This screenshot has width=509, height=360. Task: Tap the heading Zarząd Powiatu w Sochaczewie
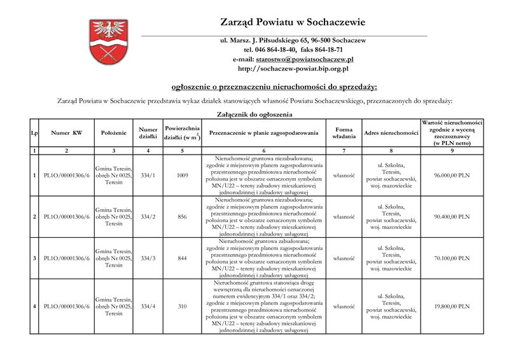coord(293,22)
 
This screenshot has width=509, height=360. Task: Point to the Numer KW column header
coord(67,133)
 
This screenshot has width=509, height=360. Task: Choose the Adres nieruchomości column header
coord(391,133)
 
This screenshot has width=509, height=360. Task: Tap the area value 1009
coord(182,175)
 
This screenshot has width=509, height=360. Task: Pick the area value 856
coord(182,217)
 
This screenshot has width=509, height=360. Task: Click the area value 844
coord(182,258)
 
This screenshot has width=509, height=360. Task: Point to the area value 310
coord(182,307)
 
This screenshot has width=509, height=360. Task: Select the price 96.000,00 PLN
coord(451,175)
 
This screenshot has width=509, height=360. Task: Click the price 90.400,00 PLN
coord(451,217)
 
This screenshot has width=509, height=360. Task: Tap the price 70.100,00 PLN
coord(451,258)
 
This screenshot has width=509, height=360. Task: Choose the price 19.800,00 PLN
coord(451,307)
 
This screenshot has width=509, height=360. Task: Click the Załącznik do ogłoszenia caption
coord(254,114)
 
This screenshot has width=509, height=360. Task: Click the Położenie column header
coord(113,133)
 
